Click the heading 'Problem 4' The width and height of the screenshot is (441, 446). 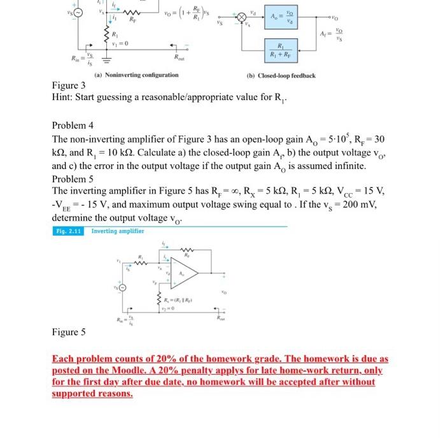coord(73,125)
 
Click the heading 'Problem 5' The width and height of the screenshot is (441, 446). coord(73,178)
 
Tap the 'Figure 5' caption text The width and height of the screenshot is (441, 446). coord(69,333)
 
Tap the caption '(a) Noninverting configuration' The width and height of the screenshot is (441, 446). coord(136,75)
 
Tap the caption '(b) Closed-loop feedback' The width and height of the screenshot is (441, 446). coord(281,75)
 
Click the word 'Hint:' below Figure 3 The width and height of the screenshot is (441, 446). coord(65,97)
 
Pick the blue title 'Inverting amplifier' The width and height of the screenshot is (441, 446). coord(117,231)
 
